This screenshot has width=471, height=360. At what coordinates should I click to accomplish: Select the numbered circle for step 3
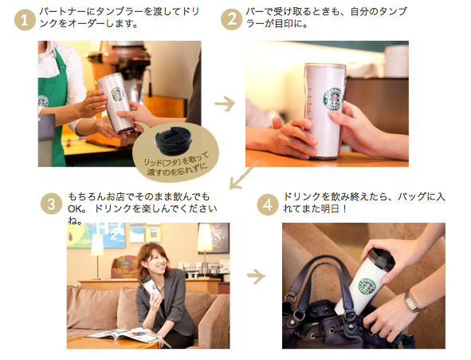52,204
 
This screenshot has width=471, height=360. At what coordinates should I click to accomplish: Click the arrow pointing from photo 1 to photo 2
225,104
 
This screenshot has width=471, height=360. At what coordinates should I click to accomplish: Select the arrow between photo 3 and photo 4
256,276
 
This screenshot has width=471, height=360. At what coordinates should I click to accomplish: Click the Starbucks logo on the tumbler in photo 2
333,100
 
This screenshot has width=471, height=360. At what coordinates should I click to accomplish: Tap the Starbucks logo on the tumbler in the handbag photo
366,287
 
